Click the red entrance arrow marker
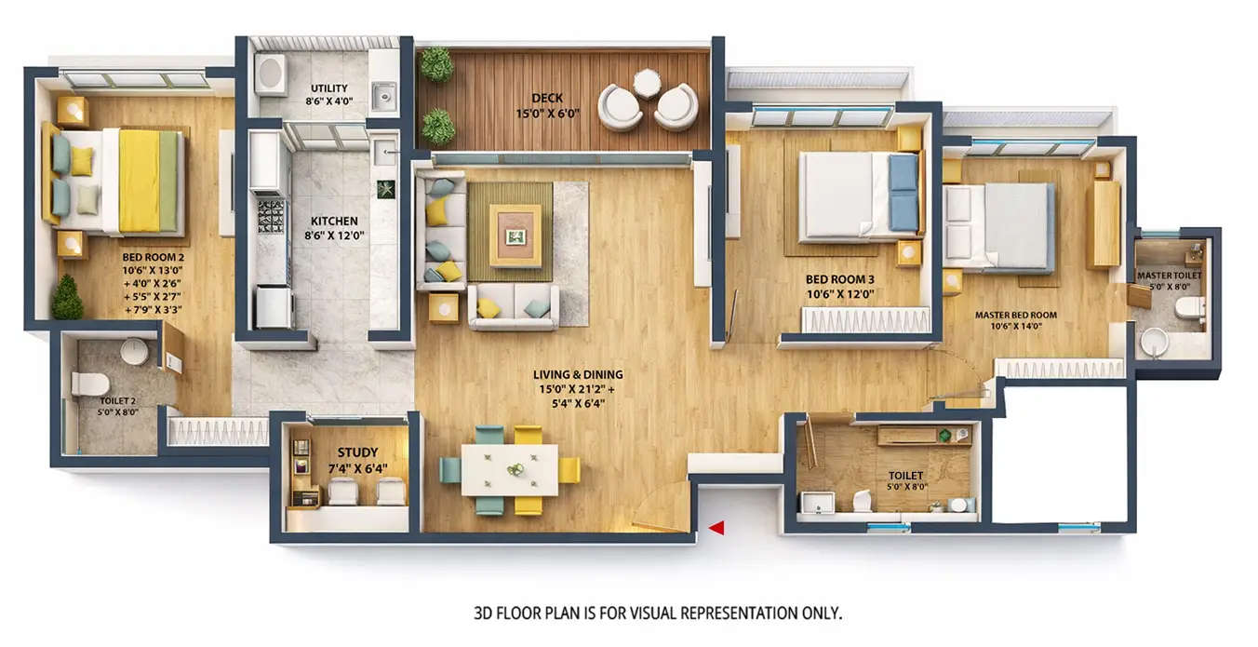716,528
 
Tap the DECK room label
547,98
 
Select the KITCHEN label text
333,222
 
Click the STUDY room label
357,453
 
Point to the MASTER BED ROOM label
1015,315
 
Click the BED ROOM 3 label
840,278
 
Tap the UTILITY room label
329,88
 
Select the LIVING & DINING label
578,375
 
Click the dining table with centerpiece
510,469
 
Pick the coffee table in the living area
515,236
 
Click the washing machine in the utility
271,74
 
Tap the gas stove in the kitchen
270,216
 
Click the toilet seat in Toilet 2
89,384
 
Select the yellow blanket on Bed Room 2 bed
139,180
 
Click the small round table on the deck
647,83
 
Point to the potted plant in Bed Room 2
66,299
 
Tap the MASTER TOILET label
1169,276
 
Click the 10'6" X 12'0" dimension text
840,294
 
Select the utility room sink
382,94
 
